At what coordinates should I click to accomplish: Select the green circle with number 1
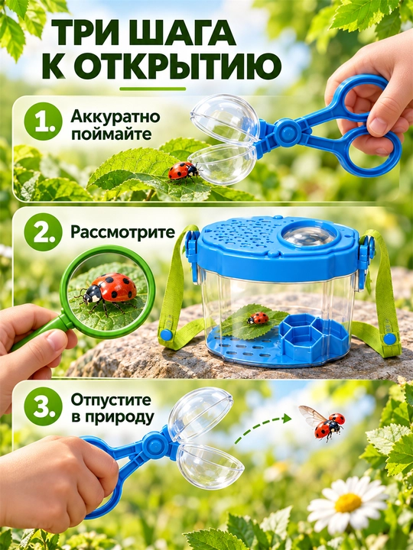point(43,121)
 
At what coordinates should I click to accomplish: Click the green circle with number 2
point(43,232)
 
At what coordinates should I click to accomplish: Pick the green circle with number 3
point(43,406)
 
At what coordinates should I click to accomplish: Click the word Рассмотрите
point(122,232)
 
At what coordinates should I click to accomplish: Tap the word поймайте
point(112,134)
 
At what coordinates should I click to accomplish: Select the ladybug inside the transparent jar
point(258,318)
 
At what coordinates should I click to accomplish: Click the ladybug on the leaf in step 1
point(184,171)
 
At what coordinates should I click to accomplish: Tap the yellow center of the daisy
point(348,503)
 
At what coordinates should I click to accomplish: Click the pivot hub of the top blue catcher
point(287,132)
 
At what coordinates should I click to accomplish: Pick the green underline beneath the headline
point(152,89)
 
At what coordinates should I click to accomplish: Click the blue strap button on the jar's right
point(389,339)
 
